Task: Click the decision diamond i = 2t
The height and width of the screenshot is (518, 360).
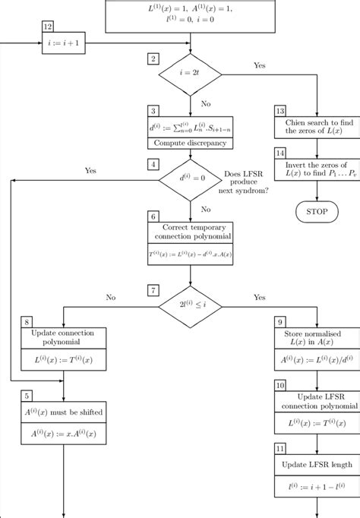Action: (189, 74)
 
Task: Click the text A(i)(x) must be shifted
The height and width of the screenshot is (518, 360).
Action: (63, 412)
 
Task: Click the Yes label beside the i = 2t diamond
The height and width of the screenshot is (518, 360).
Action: (260, 65)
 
